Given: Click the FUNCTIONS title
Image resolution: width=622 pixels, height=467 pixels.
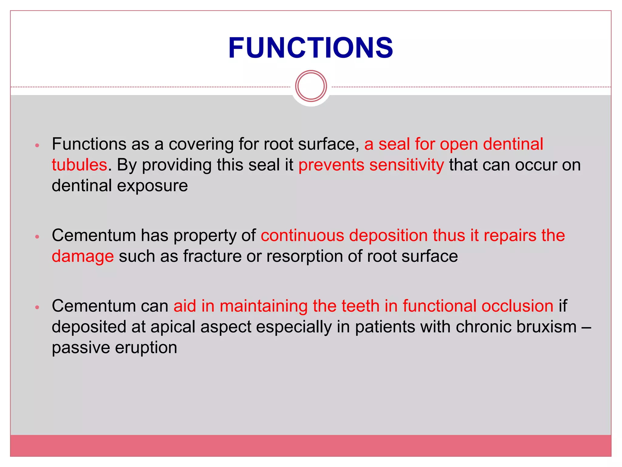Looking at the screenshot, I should pyautogui.click(x=311, y=48).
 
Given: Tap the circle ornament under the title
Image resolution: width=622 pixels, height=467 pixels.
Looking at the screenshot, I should pyautogui.click(x=311, y=86).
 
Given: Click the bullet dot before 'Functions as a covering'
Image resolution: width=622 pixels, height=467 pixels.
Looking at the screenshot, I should pyautogui.click(x=37, y=145).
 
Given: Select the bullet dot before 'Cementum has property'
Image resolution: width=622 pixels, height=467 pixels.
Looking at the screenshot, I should pyautogui.click(x=37, y=237).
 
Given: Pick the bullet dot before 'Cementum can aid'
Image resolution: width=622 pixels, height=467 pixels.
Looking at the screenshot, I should pyautogui.click(x=37, y=307).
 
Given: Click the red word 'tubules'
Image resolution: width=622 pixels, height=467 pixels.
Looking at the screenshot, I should pyautogui.click(x=79, y=165).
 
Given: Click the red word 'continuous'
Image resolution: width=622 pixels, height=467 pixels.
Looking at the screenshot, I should pyautogui.click(x=302, y=235).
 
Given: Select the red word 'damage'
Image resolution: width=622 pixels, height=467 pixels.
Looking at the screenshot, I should pyautogui.click(x=83, y=256).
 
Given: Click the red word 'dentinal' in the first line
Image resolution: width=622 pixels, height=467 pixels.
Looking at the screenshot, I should pyautogui.click(x=513, y=144).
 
